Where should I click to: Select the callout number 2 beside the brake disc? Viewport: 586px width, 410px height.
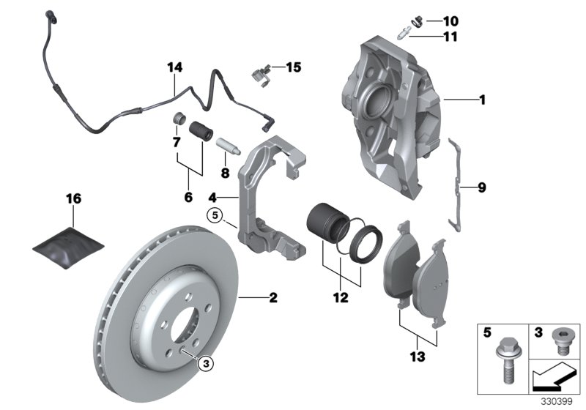point(273,297)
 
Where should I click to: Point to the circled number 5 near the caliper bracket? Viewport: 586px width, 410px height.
point(213,215)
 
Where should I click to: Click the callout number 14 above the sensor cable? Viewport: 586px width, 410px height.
point(174,68)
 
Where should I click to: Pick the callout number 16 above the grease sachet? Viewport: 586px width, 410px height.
point(74,198)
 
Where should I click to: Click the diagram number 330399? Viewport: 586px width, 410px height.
point(560,402)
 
